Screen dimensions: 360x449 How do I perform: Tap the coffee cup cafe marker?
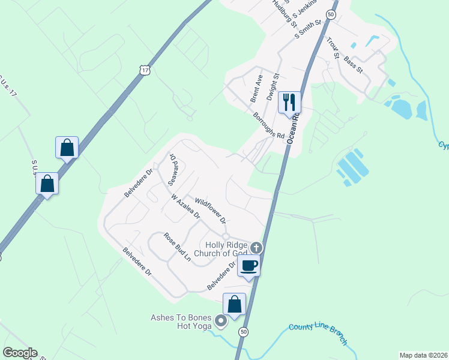point(249,265)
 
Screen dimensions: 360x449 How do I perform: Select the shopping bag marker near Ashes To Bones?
point(234,304)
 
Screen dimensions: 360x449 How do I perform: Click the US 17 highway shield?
point(145,70)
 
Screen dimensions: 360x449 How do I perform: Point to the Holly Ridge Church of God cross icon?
point(256,247)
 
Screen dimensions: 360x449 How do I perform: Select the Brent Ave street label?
point(257,88)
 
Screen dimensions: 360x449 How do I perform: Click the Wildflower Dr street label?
point(211,210)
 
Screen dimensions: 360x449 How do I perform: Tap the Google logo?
point(19,353)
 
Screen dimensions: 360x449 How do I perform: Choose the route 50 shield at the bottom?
point(243,331)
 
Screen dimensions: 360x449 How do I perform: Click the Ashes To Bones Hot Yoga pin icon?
point(220,321)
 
